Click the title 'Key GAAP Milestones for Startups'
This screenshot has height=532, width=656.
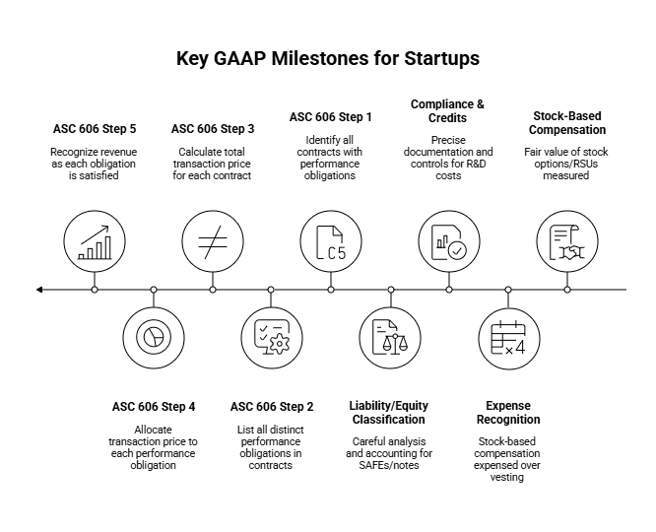328,58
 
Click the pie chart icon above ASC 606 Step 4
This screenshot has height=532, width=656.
154,338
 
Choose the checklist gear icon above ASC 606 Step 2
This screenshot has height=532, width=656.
271,338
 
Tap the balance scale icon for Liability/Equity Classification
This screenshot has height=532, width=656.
390,338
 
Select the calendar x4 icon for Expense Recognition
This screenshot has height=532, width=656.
508,338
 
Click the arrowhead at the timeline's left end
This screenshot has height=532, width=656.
39,290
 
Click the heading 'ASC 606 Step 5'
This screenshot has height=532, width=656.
95,128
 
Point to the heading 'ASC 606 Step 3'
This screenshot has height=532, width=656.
213,128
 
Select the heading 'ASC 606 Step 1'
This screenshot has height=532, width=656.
331,116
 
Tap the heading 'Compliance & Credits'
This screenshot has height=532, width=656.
449,111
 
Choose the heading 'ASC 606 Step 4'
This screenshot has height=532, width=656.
154,406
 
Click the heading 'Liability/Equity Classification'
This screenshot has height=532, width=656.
390,413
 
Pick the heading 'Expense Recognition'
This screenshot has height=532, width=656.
508,413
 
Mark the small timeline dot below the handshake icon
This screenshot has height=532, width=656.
567,290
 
